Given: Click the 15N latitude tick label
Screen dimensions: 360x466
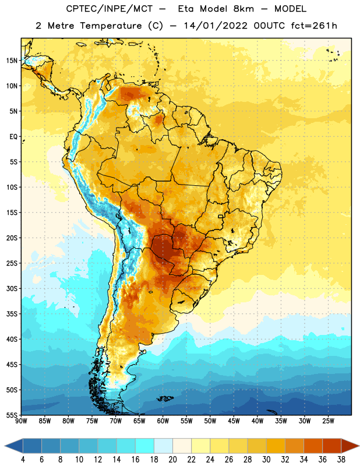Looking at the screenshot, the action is coord(12,61).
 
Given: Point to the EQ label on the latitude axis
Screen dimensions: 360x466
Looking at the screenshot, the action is coord(13,137).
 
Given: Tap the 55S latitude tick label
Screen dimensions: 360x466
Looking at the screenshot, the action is coord(12,415).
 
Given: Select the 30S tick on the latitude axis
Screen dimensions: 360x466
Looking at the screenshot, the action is coord(12,288).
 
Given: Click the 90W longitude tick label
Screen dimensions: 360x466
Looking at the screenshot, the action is coord(21,421).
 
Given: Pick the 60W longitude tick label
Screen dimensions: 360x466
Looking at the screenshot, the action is coord(163,421).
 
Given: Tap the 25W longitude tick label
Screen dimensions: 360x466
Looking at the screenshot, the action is coord(328,421).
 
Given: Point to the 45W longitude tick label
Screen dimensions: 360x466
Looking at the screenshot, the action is coord(234,421).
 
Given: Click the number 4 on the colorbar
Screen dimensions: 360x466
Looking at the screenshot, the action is coord(23,460).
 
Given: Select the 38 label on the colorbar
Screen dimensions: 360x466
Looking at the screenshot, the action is coord(341,460).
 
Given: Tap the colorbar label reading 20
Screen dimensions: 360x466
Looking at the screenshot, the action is coord(172,460).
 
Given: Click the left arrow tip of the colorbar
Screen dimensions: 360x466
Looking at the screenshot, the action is coord(5,446).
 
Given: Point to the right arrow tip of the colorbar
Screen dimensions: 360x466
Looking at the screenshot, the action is coord(359,446).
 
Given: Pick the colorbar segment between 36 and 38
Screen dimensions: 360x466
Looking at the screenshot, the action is coord(332,446).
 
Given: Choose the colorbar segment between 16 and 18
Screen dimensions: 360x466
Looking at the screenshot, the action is coord(145,446).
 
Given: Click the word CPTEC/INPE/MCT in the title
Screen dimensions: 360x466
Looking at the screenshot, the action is coord(109,9).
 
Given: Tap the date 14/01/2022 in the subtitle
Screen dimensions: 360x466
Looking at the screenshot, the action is coord(216,26).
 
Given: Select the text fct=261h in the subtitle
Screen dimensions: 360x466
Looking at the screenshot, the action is coord(314,26).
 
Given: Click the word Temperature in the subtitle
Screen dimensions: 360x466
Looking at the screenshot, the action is coord(111,26).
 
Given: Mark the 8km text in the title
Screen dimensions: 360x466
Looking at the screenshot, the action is coord(243,9).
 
